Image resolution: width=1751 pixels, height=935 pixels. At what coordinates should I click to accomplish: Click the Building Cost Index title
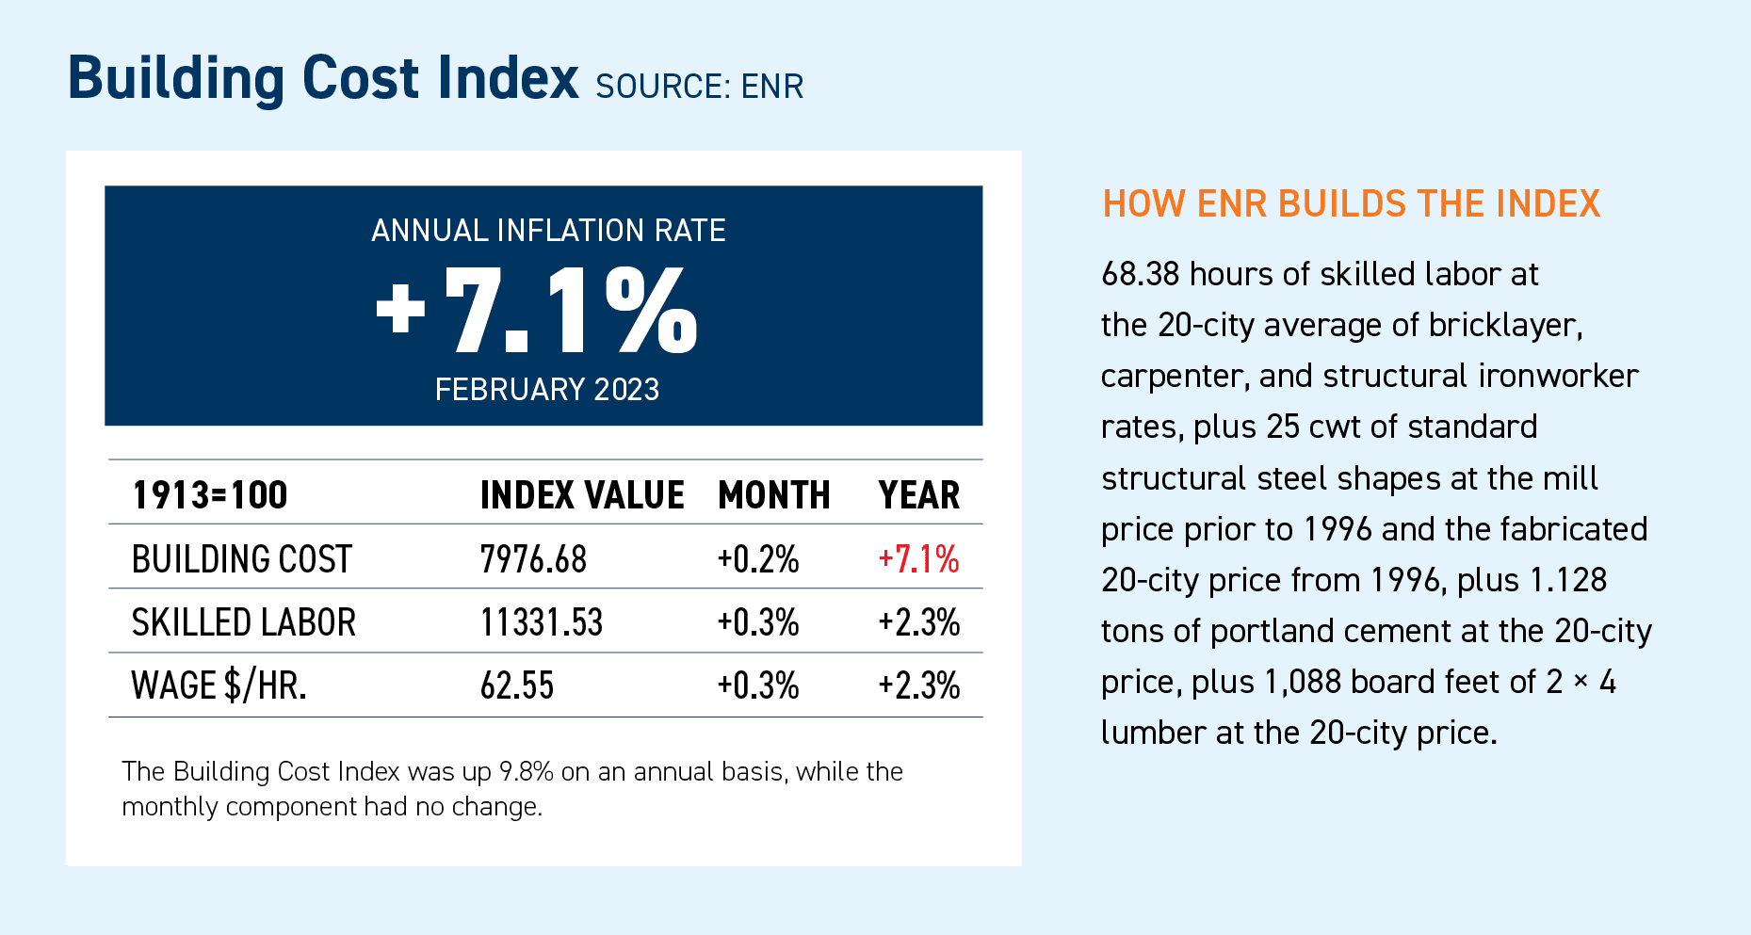coord(322,78)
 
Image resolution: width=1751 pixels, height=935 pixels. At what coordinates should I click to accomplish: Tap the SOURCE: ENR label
coord(699,87)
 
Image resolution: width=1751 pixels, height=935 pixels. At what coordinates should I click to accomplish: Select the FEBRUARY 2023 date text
coord(546,390)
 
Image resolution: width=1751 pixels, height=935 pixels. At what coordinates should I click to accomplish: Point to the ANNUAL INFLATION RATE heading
coord(548,231)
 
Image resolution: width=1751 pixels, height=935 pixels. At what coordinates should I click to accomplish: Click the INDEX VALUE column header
coord(581,495)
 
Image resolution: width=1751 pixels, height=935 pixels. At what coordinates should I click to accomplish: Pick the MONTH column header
coord(773,495)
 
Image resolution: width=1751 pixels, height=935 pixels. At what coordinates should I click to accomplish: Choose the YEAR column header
coord(918,495)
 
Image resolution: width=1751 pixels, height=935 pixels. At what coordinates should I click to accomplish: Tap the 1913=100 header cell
coord(209,495)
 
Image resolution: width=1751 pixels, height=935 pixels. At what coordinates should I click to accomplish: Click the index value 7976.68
coord(533,559)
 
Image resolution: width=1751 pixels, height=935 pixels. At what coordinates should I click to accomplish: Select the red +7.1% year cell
coord(918,559)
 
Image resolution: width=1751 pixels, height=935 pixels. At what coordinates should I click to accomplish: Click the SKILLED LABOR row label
coord(243,622)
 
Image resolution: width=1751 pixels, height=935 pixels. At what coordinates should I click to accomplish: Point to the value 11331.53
coord(541,622)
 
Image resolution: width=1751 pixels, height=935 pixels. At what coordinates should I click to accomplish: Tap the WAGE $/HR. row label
coord(219,685)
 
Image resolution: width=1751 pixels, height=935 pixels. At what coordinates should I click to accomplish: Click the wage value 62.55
coord(516,685)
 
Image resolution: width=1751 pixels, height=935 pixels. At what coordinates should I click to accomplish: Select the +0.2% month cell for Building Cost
coord(757,559)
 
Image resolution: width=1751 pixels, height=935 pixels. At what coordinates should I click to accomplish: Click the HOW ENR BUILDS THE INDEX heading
coord(1351,204)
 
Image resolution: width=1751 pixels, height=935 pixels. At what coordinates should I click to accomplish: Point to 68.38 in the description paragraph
coord(1140,274)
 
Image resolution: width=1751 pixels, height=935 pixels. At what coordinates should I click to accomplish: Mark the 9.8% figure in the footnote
coord(526,772)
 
